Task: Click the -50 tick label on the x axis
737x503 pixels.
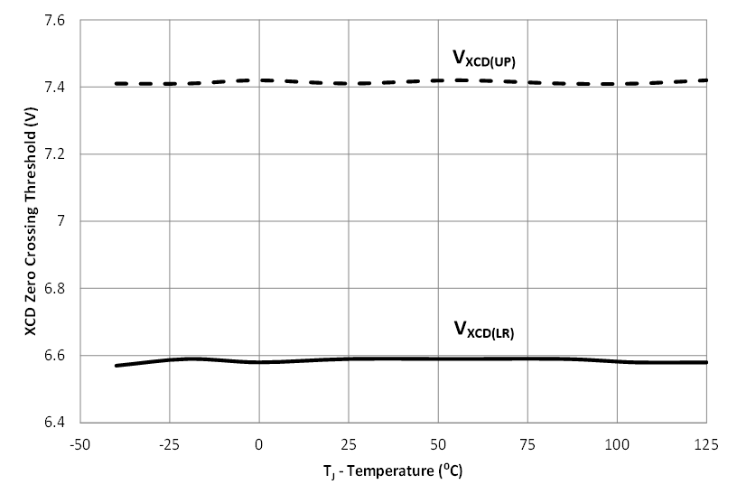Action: (80, 444)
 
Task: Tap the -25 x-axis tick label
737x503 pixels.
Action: (170, 444)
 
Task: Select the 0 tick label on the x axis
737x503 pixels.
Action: (259, 444)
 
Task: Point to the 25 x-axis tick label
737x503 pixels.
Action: (349, 444)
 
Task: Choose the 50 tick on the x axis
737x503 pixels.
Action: (438, 444)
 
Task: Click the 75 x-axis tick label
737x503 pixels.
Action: (527, 444)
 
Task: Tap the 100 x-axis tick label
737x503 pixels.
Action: (617, 444)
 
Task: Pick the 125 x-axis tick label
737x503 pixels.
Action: (706, 444)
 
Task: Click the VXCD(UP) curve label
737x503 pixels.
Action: (483, 60)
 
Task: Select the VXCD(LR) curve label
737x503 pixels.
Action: (483, 330)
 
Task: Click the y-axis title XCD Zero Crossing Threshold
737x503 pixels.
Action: (32, 221)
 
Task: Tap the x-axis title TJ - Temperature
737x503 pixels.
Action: (393, 471)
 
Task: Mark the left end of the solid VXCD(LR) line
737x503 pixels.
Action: (117, 365)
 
